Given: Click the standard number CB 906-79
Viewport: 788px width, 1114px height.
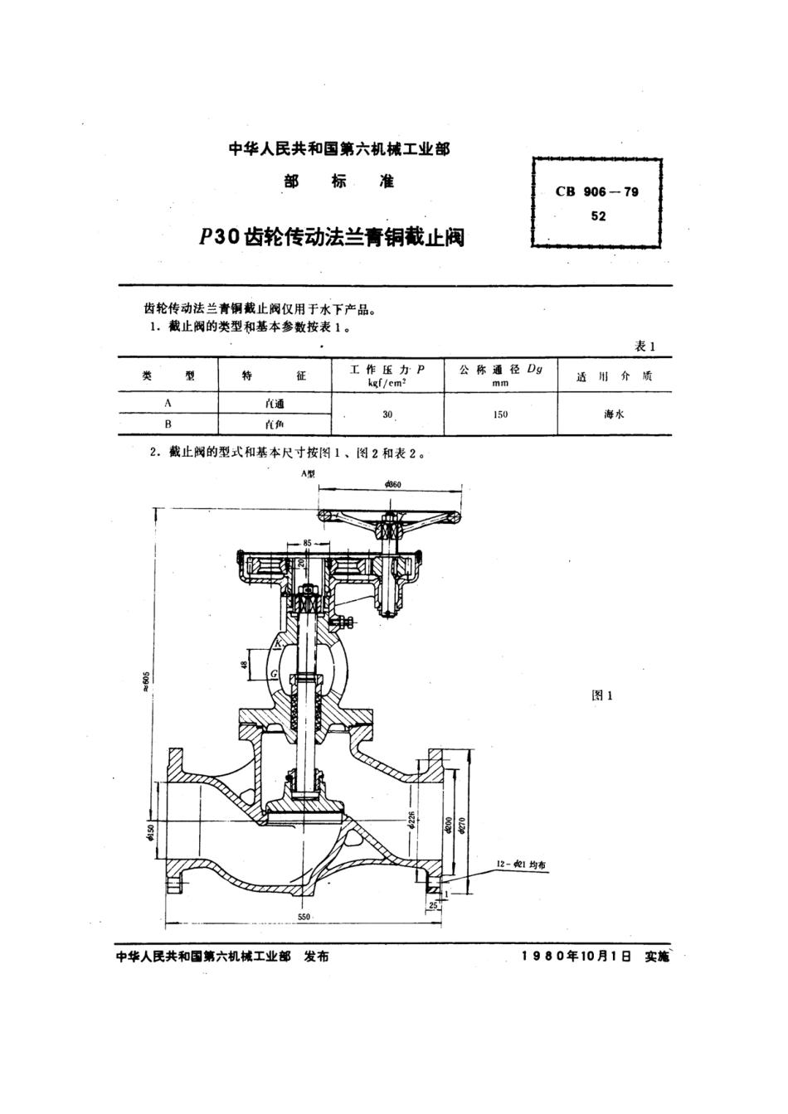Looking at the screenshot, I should tap(596, 191).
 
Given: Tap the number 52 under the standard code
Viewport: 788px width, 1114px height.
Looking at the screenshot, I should tap(597, 216).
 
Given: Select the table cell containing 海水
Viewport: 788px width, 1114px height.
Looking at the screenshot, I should tap(614, 414).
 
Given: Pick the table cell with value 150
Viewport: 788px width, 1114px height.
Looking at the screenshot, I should tap(500, 414).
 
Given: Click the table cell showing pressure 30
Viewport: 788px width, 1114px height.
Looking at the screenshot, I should tap(387, 414).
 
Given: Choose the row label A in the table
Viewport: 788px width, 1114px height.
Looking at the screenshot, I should tap(168, 403).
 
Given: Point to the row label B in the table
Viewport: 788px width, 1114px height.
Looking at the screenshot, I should tap(168, 424).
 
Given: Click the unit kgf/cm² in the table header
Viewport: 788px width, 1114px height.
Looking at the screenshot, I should tap(387, 383).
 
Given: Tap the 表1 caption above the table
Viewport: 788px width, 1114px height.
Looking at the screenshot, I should tap(645, 346).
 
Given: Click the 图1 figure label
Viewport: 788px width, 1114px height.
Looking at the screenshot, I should tap(601, 695).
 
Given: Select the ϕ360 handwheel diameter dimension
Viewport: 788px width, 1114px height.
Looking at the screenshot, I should tap(393, 485).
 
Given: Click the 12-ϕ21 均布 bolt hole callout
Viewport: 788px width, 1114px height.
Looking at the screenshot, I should tap(523, 864).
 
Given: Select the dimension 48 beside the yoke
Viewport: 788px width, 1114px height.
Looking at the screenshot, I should tap(244, 664).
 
